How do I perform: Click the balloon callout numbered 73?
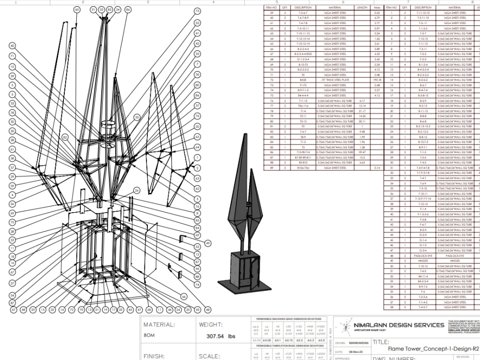tap(197, 11)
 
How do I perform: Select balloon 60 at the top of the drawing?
tap(77, 10)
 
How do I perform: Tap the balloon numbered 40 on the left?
tap(12, 46)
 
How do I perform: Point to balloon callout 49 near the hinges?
tap(208, 243)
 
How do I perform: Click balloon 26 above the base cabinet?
tap(136, 191)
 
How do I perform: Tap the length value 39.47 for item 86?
tap(362, 152)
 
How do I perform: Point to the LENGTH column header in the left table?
tap(362, 8)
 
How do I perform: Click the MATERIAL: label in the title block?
tap(162, 325)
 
